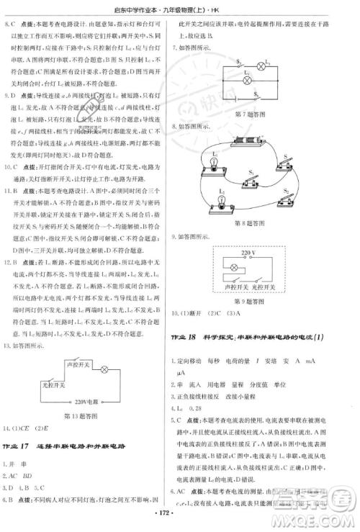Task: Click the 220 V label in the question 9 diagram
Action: (250, 253)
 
